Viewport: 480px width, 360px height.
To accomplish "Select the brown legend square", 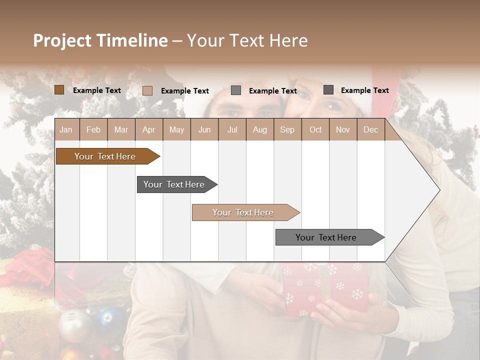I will tap(59, 90).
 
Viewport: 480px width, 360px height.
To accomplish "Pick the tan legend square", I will tap(147, 90).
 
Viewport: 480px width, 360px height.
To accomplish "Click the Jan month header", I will tap(66, 130).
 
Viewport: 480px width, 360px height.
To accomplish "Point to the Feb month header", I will tap(93, 130).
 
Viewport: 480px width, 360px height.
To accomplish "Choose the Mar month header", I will tap(121, 130).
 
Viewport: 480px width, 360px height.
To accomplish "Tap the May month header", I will tap(176, 130).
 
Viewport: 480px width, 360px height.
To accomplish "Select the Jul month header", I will tap(232, 130).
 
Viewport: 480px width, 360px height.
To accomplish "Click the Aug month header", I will tap(259, 130).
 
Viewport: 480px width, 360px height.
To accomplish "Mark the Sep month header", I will tap(287, 130).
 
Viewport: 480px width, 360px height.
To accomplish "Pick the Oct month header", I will tap(315, 130).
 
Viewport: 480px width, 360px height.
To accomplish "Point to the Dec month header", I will tap(370, 130).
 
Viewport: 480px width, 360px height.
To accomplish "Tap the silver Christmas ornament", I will tap(75, 325).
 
